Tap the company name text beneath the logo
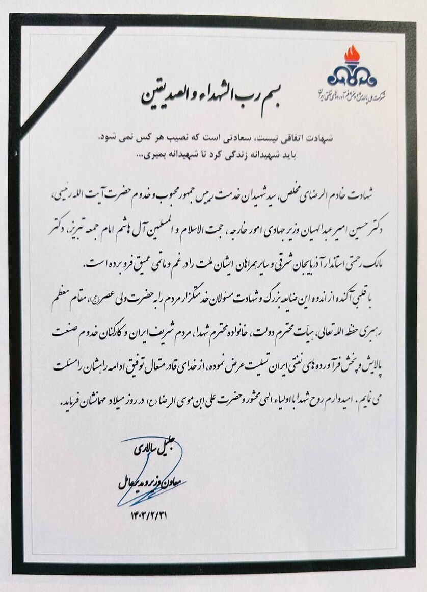[351, 95]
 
